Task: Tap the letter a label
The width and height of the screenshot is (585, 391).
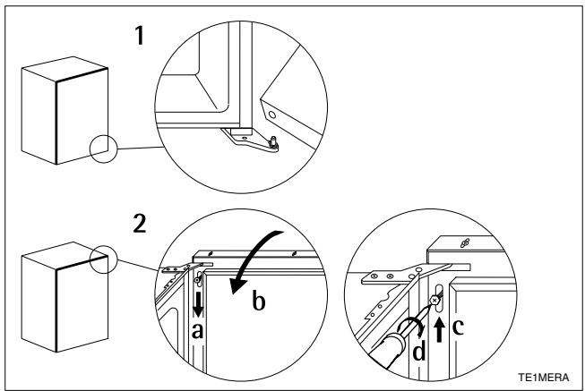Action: tap(199, 332)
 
